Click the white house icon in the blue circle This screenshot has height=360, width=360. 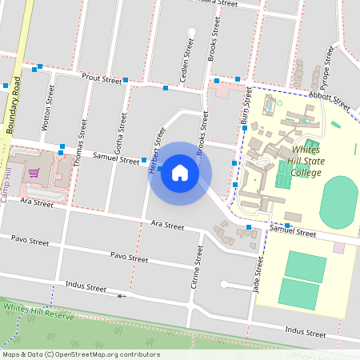[180, 173]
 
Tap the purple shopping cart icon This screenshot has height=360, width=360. [34, 172]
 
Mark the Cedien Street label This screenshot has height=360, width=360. [185, 62]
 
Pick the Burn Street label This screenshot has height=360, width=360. [247, 111]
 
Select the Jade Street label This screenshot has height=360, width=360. [258, 276]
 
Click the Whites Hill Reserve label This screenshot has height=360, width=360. [38, 311]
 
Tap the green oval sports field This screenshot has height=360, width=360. [339, 202]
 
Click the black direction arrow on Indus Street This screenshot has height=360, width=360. [122, 296]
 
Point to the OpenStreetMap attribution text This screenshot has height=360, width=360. [81, 354]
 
